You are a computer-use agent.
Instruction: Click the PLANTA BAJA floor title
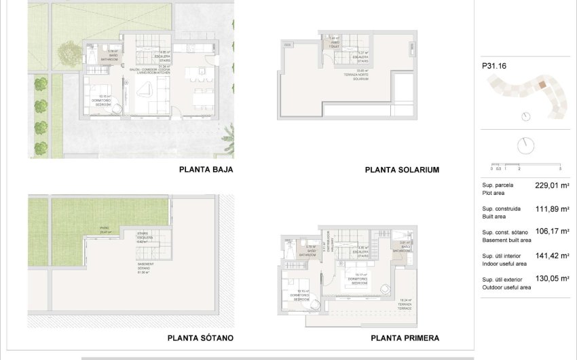pyautogui.click(x=206, y=170)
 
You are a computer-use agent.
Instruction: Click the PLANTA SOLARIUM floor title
pyautogui.click(x=403, y=170)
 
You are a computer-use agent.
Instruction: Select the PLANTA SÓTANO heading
pyautogui.click(x=200, y=338)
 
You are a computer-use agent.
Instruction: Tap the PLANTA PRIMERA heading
pyautogui.click(x=405, y=338)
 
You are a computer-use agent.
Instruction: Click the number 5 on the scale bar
pyautogui.click(x=561, y=168)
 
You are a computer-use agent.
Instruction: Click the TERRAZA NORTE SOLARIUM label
pyautogui.click(x=360, y=75)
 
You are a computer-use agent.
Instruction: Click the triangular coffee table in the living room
pyautogui.click(x=144, y=89)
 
